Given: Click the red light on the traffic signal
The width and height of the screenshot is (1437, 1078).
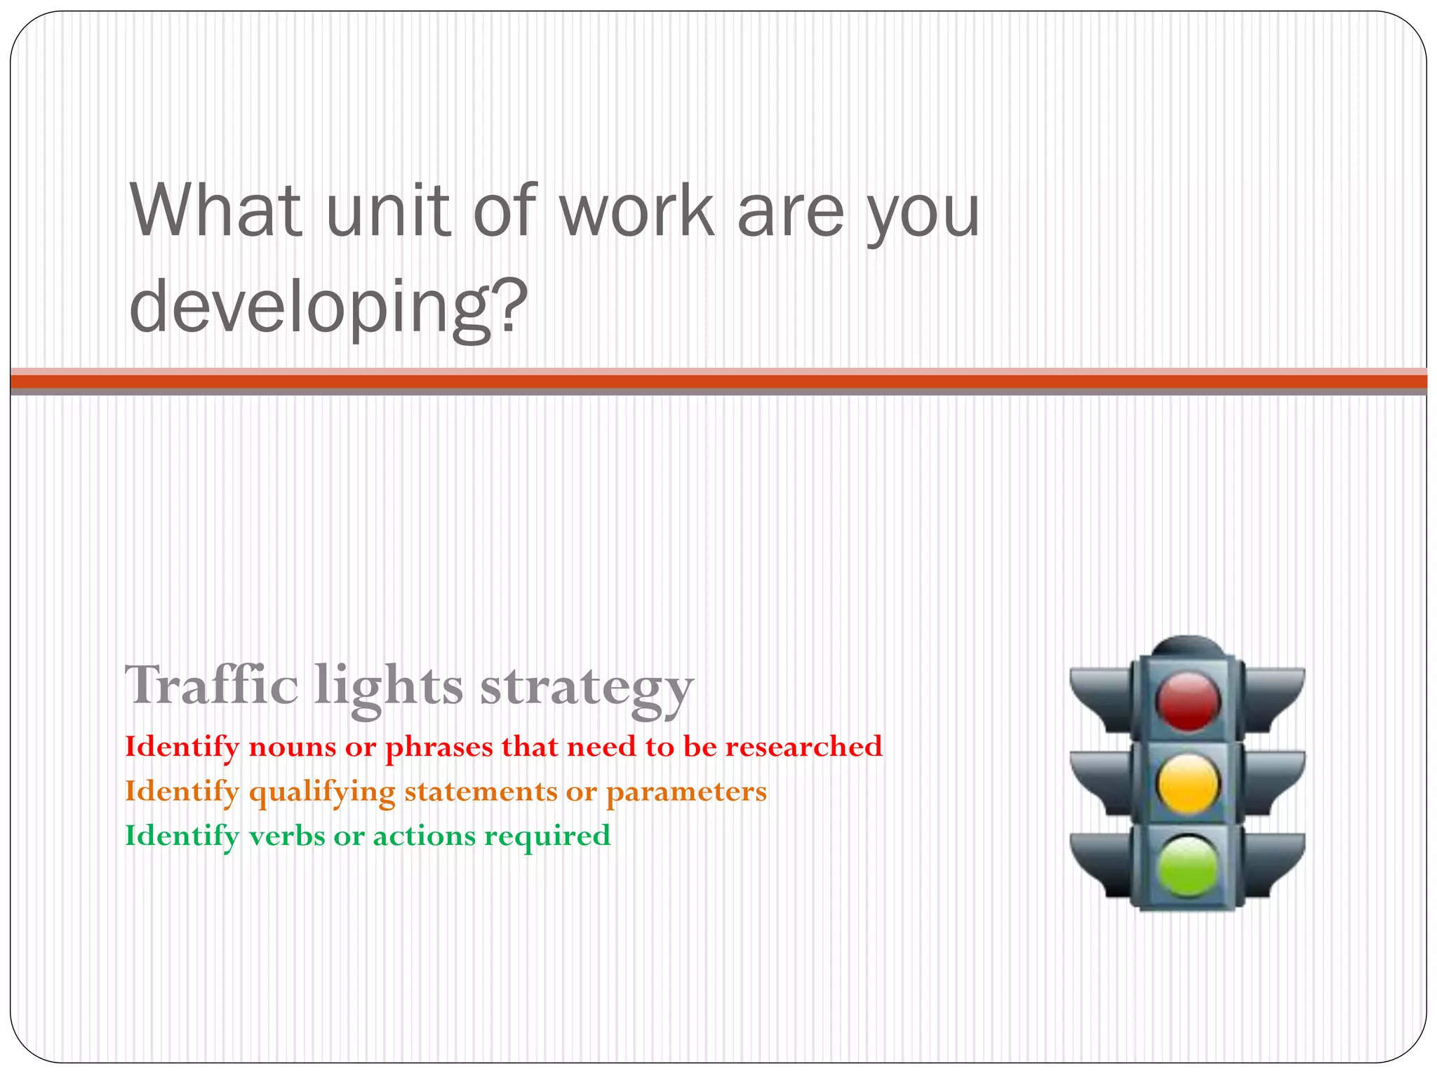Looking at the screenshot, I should click(x=1187, y=701).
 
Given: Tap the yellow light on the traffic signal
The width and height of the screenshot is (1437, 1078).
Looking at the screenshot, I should click(x=1187, y=784).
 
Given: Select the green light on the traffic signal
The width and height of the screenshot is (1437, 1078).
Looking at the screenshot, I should click(x=1187, y=865).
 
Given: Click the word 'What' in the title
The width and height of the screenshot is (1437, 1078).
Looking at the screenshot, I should click(x=216, y=211).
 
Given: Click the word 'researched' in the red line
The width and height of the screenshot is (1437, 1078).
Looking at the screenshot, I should click(x=803, y=746).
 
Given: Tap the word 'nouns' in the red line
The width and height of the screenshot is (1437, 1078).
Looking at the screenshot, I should click(x=293, y=747).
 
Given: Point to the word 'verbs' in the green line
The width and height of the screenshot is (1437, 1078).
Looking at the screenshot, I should click(x=286, y=835).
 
